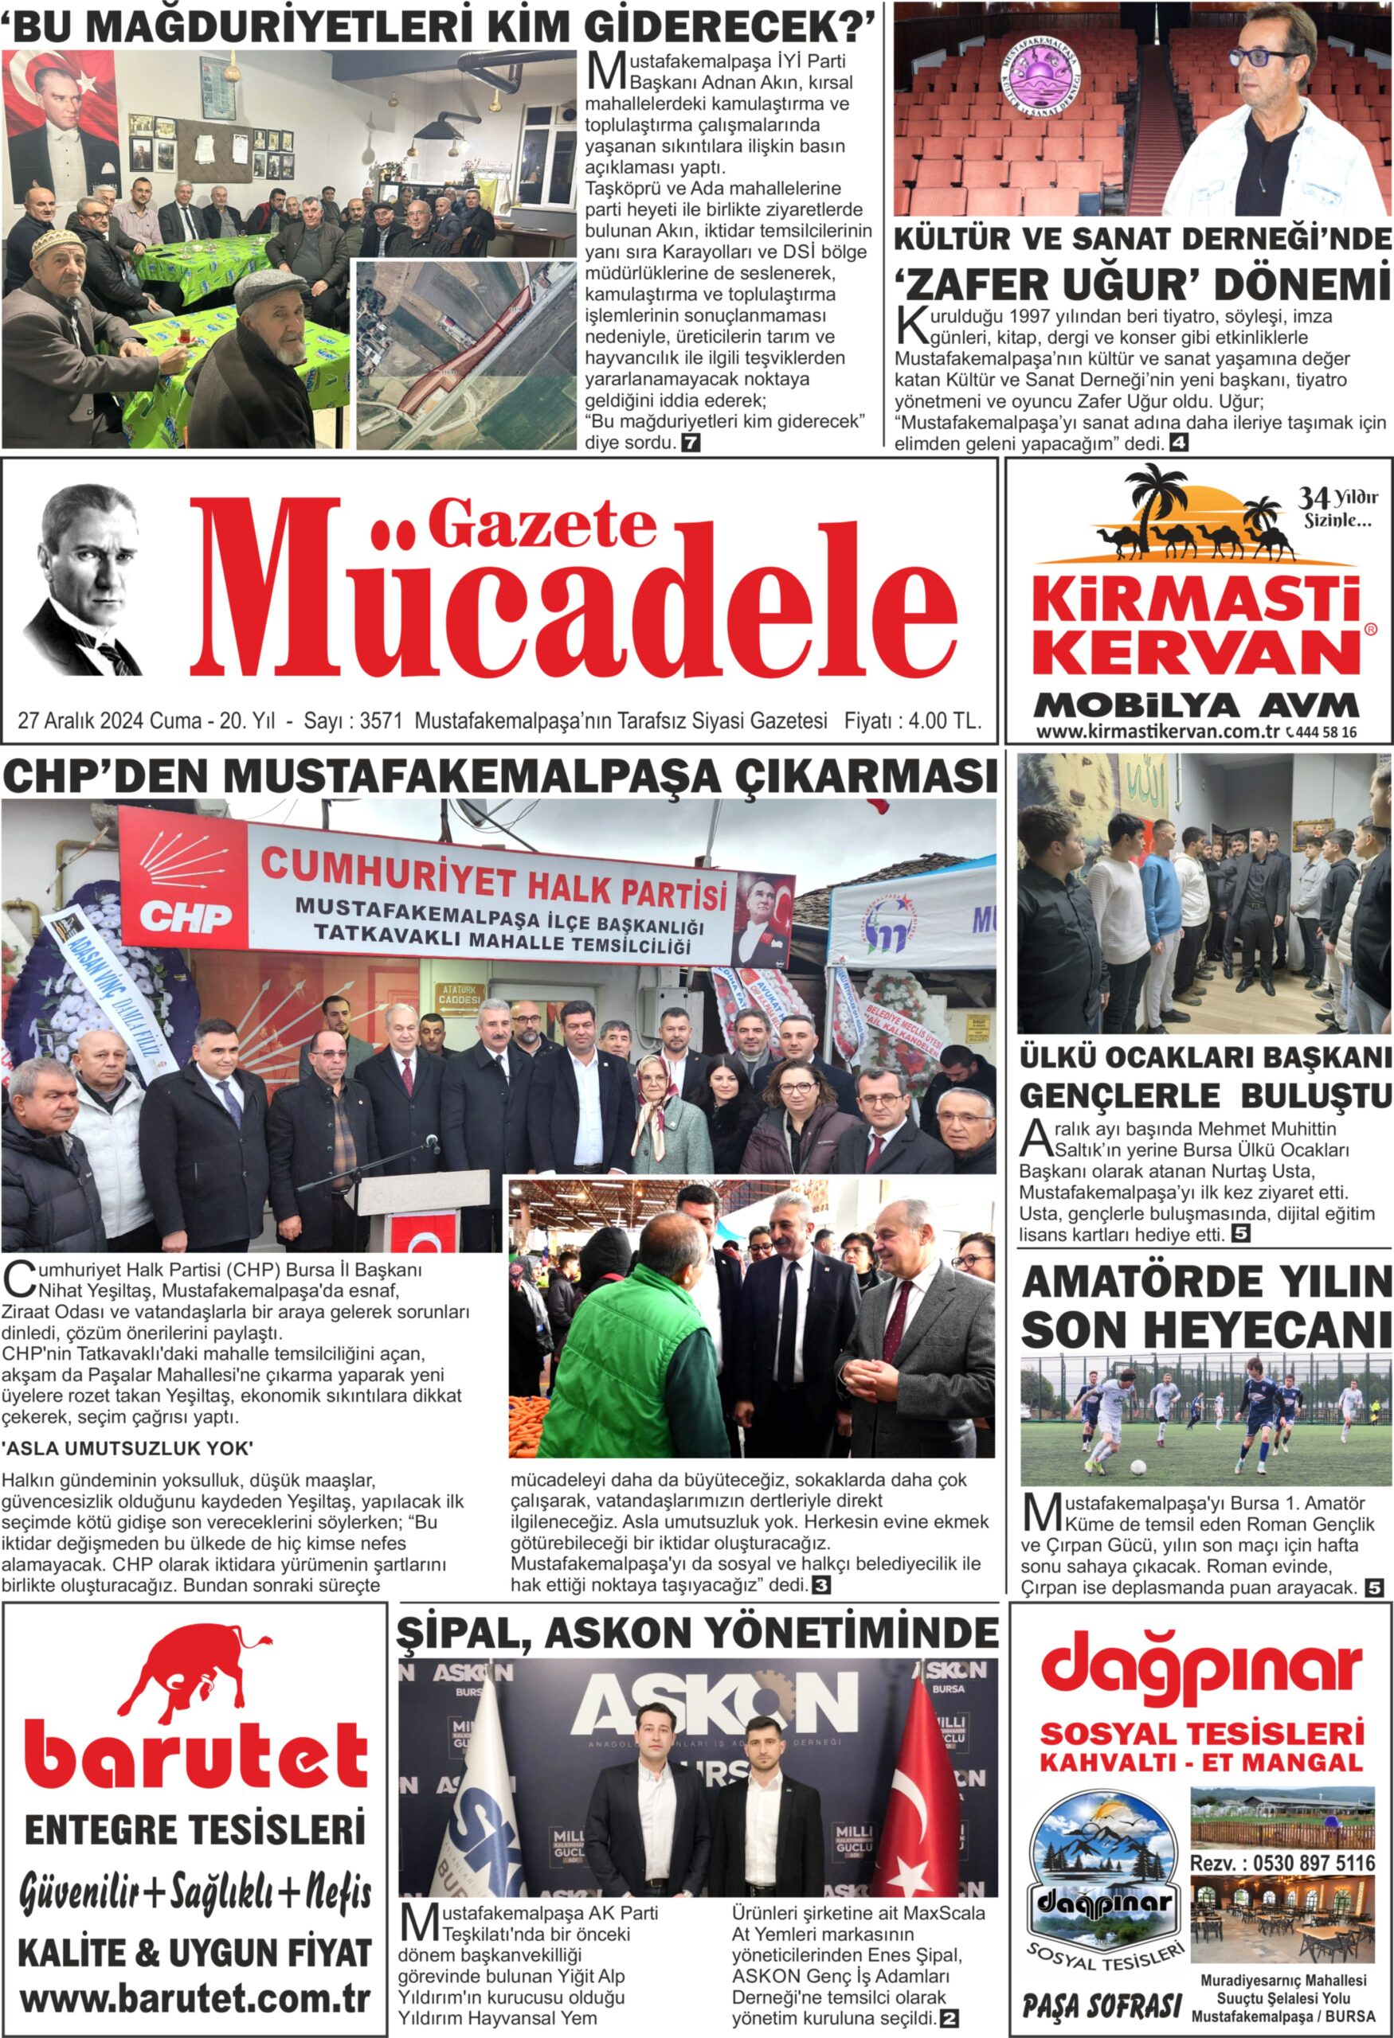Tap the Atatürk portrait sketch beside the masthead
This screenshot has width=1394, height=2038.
[84, 579]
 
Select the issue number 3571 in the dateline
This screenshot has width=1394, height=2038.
[381, 720]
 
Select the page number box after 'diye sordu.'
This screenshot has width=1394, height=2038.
[691, 443]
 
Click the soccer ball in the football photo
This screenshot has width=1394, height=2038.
[1137, 1466]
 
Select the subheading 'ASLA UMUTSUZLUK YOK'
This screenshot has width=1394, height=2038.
[128, 1448]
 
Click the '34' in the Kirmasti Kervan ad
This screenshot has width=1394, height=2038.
[1314, 499]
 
